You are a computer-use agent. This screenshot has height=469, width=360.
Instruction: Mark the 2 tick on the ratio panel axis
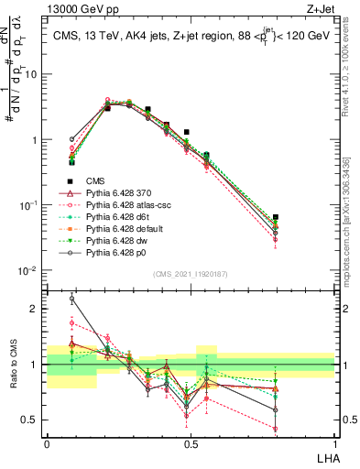tap(36, 309)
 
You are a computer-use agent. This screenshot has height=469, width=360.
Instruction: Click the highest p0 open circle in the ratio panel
tap(72, 299)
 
